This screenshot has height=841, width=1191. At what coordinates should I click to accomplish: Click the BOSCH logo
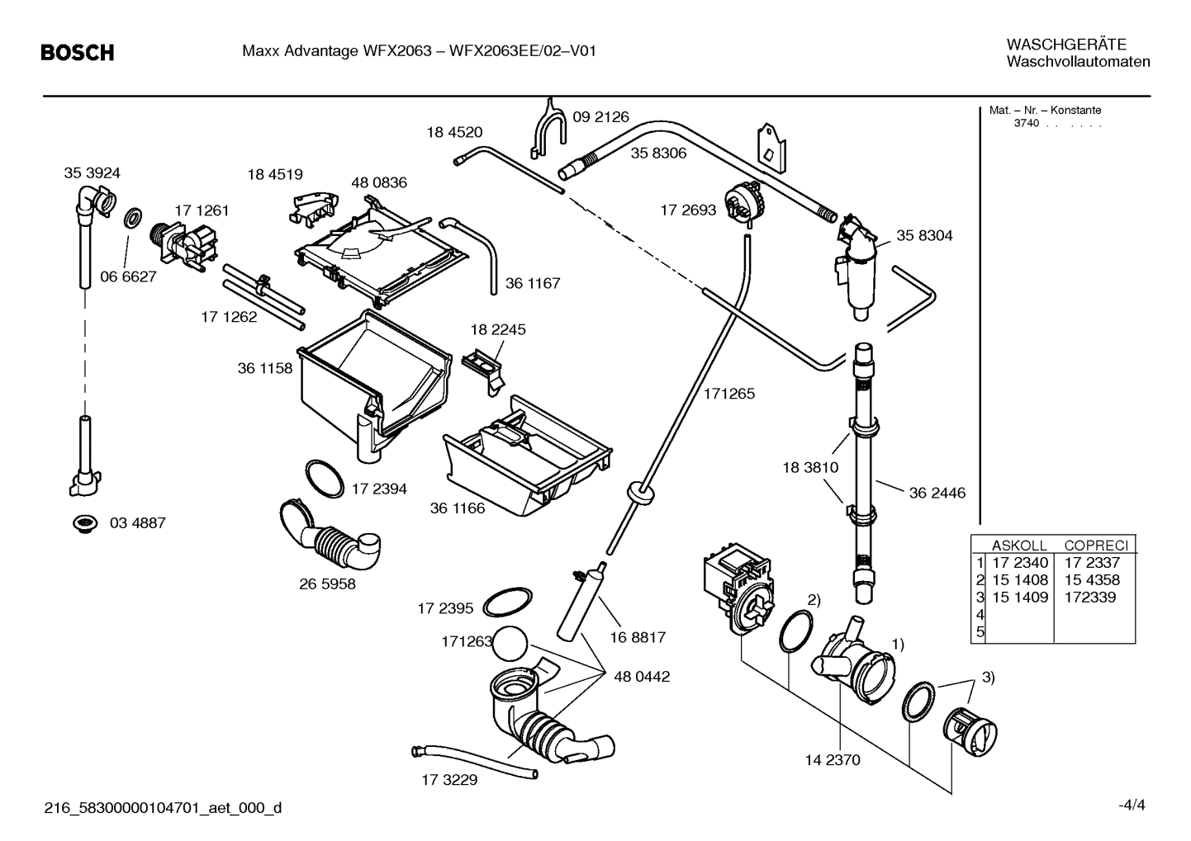click(x=78, y=53)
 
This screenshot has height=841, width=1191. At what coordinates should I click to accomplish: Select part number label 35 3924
click(x=92, y=172)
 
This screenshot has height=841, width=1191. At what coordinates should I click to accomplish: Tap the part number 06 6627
click(x=128, y=276)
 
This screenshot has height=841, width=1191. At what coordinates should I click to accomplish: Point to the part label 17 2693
click(x=688, y=210)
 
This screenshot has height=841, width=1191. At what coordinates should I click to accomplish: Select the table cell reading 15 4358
click(x=1092, y=579)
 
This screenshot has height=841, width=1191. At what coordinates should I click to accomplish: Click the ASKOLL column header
click(x=1018, y=546)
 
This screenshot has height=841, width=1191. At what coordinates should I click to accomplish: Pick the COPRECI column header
click(x=1095, y=546)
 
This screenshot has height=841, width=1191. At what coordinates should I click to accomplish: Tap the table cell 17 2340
click(x=1019, y=563)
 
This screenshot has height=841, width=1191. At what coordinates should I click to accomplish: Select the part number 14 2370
click(x=832, y=759)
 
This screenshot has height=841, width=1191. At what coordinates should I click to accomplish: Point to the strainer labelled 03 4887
click(x=83, y=523)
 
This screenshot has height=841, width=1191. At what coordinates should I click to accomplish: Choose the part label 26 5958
click(x=327, y=584)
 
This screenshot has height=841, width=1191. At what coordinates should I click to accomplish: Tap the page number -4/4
click(x=1132, y=805)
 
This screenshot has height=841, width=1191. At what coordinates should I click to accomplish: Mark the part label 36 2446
click(x=937, y=493)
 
